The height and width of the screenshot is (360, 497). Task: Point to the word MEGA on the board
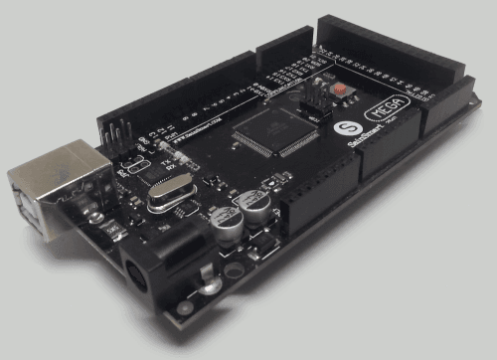(391, 107)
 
